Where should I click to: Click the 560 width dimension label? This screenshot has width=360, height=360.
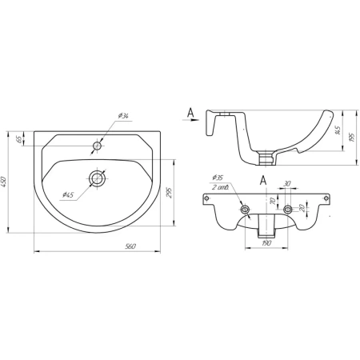[x=130, y=246]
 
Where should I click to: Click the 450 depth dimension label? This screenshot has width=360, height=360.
[x=3, y=182]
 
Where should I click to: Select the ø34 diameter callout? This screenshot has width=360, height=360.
[x=123, y=116]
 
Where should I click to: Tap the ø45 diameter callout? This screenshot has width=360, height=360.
[x=68, y=195]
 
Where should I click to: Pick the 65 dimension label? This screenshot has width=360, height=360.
[x=19, y=139]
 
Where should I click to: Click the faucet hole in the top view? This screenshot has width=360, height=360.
[x=97, y=146]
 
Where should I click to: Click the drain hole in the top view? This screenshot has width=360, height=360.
[x=98, y=178]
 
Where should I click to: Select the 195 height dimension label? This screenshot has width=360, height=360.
[x=353, y=137]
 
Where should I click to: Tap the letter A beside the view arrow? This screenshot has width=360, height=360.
[x=190, y=113]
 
